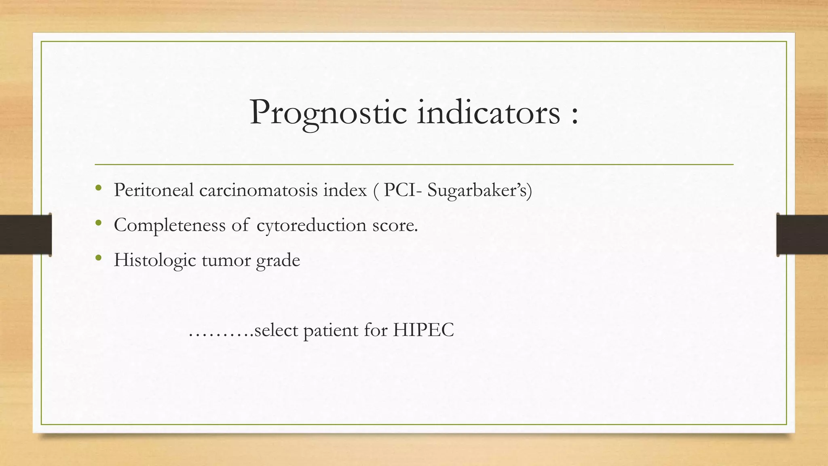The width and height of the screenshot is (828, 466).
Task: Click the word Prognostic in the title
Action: click(328, 113)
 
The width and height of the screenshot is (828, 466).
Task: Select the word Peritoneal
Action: click(154, 190)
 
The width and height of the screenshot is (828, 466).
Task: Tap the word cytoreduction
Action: click(311, 225)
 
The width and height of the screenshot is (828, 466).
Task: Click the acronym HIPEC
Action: click(423, 330)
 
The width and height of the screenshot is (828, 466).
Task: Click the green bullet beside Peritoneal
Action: click(98, 188)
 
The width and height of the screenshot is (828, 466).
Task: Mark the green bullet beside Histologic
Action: click(98, 258)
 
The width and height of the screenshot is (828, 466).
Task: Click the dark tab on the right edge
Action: click(802, 235)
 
